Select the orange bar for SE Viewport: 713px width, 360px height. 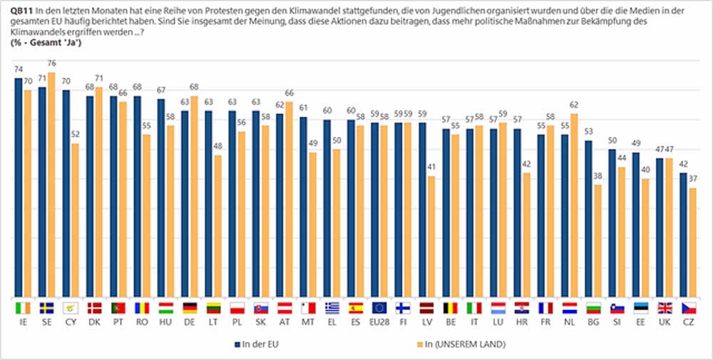(x=51, y=185)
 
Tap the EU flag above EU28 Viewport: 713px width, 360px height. (x=379, y=308)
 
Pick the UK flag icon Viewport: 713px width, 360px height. (x=665, y=308)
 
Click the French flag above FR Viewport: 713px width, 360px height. (x=545, y=308)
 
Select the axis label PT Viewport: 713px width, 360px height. (x=118, y=322)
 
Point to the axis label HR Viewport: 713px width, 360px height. (x=522, y=322)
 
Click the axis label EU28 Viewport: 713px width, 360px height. (x=379, y=322)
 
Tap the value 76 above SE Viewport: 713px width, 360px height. (x=51, y=68)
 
